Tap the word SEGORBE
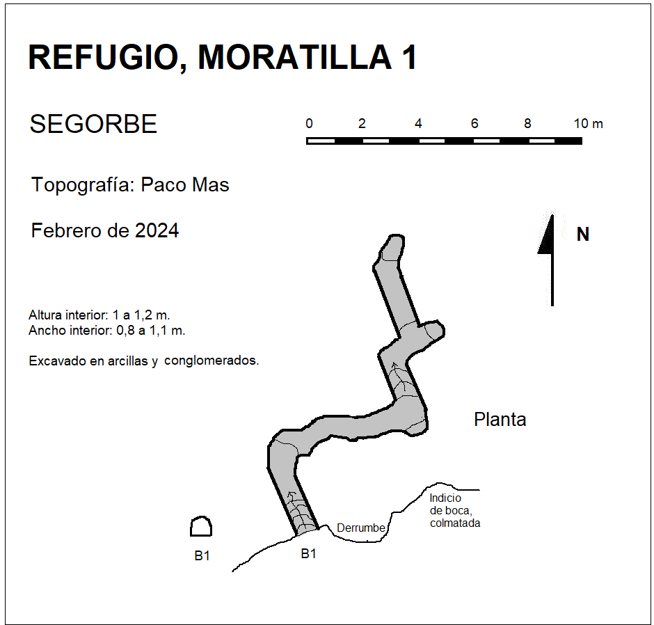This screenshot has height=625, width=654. [93, 124]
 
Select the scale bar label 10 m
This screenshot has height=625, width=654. [588, 123]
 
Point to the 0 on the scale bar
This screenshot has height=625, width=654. [309, 123]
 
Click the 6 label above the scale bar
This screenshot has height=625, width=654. [474, 123]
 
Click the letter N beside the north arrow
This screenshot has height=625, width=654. [582, 235]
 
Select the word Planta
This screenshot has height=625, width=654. [500, 419]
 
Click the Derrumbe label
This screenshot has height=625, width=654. [361, 528]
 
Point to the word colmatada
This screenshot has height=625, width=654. [455, 523]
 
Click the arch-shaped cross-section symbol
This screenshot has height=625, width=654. [201, 526]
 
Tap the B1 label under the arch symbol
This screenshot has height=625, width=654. [202, 555]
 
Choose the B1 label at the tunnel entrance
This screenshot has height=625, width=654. [308, 553]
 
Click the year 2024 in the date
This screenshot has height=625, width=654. [157, 231]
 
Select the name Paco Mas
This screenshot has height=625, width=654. [185, 185]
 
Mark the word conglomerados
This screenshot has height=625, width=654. [212, 361]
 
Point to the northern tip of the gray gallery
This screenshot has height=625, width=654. [395, 236]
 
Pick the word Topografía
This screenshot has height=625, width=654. [83, 185]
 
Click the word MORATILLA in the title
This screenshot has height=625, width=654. [295, 57]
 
